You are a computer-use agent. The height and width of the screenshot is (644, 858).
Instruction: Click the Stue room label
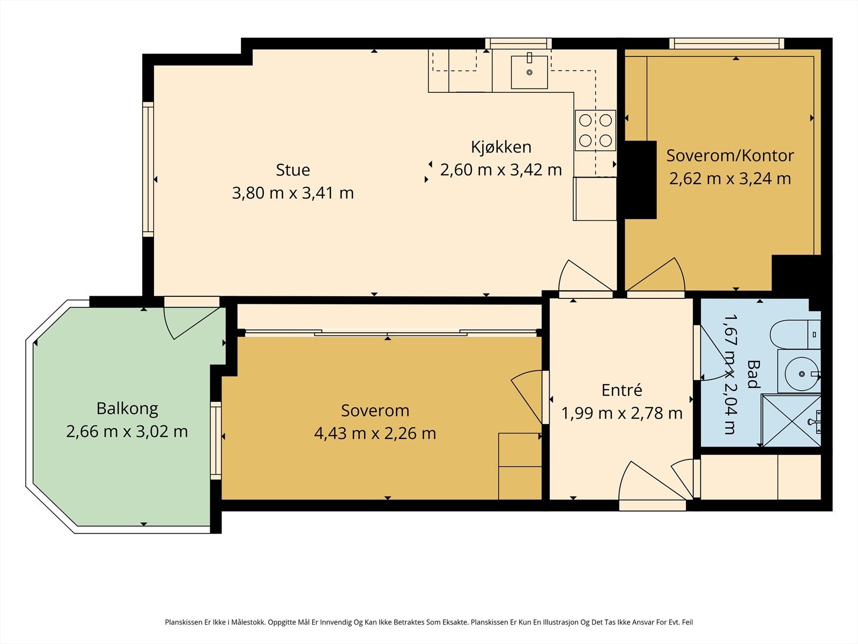point(293,170)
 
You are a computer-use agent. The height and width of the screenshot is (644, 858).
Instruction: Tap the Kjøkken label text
point(501,148)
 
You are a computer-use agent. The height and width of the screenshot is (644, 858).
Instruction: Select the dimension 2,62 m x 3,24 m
point(730,179)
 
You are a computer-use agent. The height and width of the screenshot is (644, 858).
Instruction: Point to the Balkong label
point(127,409)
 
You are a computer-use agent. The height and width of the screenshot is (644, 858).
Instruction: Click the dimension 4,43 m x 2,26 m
point(375,433)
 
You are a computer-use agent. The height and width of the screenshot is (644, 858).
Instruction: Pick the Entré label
point(622,390)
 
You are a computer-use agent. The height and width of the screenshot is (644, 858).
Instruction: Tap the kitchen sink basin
point(529,72)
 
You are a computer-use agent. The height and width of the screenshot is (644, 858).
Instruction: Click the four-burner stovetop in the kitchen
point(595,130)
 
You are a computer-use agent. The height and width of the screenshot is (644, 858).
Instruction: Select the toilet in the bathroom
point(795,335)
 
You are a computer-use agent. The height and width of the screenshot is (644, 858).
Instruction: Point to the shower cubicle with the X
point(790,421)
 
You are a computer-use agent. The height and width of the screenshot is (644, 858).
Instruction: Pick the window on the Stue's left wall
point(148,169)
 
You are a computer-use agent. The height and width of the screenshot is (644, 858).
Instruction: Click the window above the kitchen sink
point(519,43)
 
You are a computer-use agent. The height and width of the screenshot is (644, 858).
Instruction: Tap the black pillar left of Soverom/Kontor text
point(640,180)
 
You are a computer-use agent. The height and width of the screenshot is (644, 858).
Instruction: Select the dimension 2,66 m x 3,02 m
point(127,431)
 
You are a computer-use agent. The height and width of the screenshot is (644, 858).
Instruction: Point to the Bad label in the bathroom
point(753,374)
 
